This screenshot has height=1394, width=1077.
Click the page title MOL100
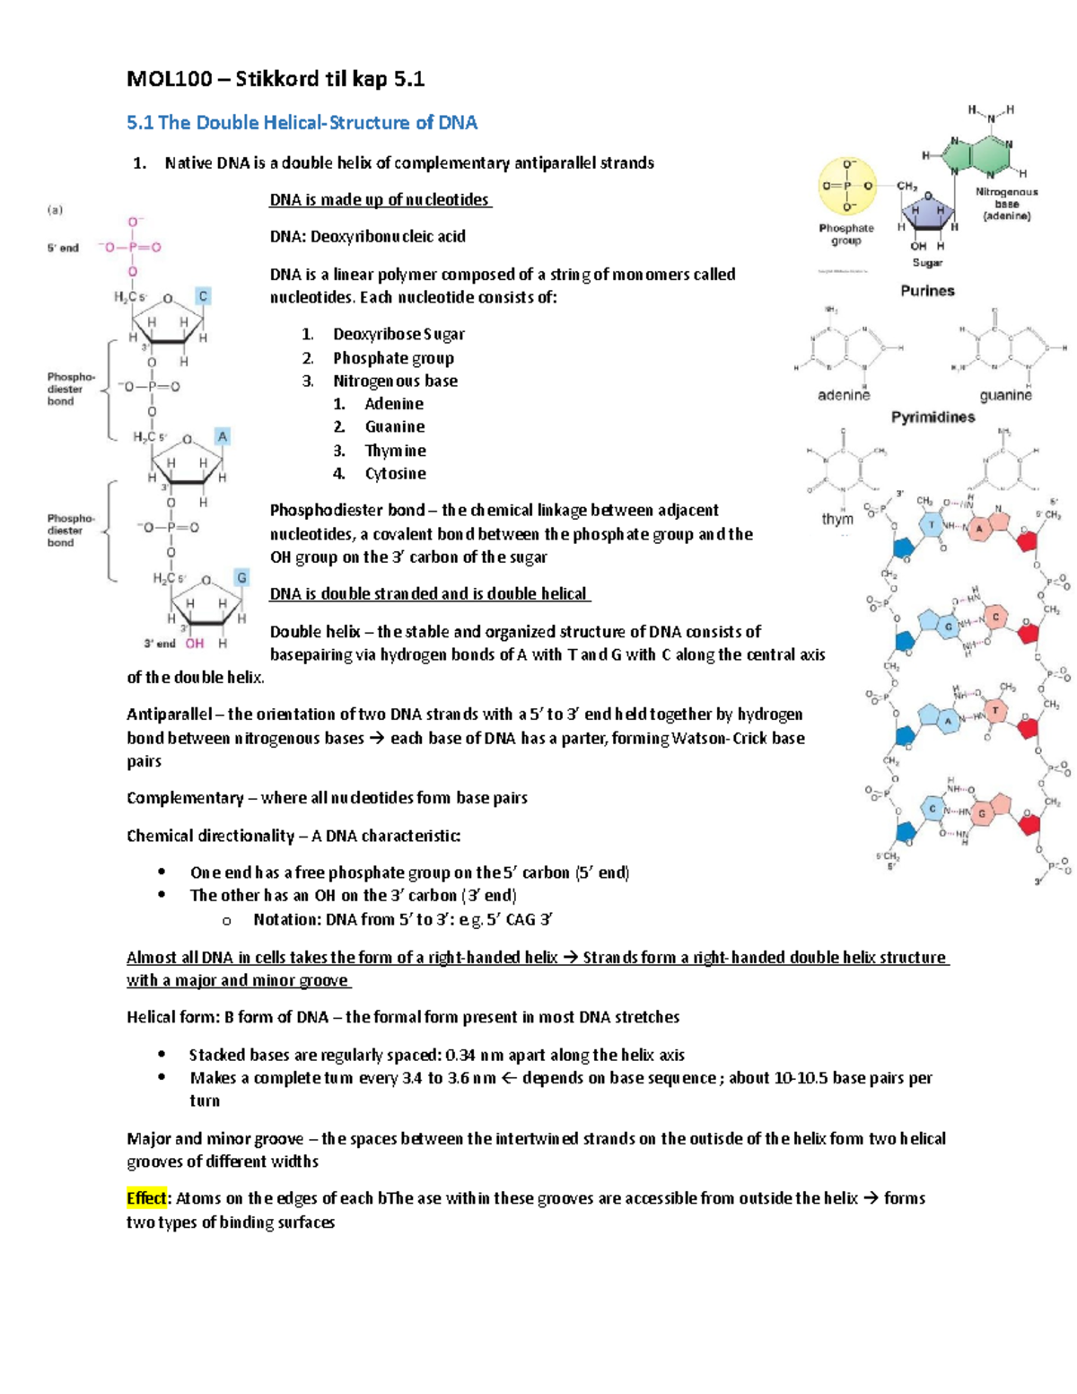[170, 79]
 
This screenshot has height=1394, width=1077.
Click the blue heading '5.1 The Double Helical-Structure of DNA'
[302, 123]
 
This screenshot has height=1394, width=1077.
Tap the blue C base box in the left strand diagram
[204, 296]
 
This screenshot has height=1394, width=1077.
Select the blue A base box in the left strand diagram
[222, 436]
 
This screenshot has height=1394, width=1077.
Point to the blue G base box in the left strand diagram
[241, 577]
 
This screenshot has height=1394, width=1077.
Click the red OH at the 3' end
[195, 644]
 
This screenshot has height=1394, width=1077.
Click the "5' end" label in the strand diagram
[63, 248]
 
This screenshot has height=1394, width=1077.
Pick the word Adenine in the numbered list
[394, 404]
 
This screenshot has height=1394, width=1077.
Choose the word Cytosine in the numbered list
[395, 473]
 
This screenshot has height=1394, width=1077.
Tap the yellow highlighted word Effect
[146, 1198]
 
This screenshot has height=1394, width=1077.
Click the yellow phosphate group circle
[846, 187]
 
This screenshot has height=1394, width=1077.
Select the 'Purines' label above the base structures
[927, 291]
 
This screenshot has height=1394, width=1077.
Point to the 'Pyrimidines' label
[933, 417]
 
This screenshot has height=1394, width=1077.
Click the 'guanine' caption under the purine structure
[1005, 395]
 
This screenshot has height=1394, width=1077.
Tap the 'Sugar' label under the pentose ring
[927, 263]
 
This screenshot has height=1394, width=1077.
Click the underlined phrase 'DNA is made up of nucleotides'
[380, 200]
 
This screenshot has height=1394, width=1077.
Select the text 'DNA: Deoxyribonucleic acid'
[368, 237]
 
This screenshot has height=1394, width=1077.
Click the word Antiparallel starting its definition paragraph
[169, 715]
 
